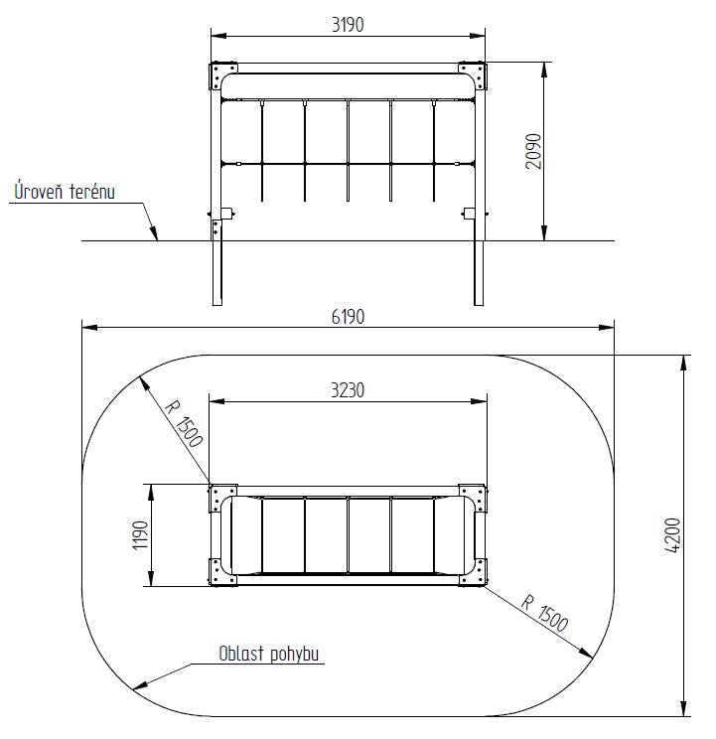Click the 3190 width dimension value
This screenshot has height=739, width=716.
[x=348, y=25]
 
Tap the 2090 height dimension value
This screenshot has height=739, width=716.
[x=533, y=151]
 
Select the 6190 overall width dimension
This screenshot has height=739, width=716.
[x=348, y=317]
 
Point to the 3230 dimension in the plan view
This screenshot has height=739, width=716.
[x=348, y=390]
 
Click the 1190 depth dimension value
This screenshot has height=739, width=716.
[x=141, y=535]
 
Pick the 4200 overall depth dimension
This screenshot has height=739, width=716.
[x=673, y=535]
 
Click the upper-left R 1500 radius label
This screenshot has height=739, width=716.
[x=184, y=423]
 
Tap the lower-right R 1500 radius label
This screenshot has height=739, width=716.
[x=544, y=614]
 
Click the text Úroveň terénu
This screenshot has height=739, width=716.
[x=65, y=192]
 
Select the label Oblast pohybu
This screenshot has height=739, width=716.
[x=269, y=654]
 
